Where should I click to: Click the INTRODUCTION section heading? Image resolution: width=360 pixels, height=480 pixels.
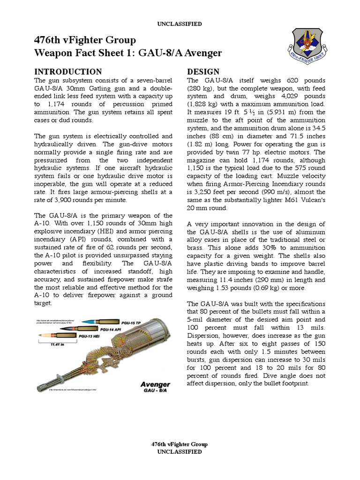click(x=68, y=72)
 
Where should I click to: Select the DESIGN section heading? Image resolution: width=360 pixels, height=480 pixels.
click(x=203, y=72)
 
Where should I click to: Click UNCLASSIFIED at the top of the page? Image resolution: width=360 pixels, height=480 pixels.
click(x=180, y=23)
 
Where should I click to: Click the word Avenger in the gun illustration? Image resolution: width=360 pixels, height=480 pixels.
click(x=154, y=384)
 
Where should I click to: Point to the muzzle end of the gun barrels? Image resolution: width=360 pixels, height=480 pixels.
click(x=40, y=387)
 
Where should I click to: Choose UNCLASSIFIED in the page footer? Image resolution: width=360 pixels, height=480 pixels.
click(x=180, y=452)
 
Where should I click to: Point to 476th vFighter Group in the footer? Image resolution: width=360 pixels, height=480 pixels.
click(x=180, y=444)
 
